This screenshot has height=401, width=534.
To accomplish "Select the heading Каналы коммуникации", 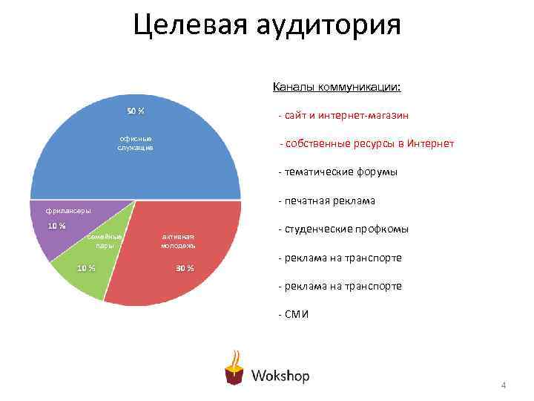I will click(337, 87).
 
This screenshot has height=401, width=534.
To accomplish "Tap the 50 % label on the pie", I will click(135, 111).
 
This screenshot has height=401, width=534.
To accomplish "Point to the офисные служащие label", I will click(135, 143).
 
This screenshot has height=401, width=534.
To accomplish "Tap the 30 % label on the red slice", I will click(185, 268).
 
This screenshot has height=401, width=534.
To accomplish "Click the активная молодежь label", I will click(178, 241).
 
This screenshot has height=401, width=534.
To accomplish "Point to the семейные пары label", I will click(104, 240).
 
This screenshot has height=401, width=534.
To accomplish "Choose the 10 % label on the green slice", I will click(86, 268).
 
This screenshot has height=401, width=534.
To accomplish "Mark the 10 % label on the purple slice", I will click(56, 226).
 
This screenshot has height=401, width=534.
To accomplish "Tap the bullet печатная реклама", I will click(326, 200).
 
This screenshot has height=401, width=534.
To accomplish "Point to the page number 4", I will click(503, 385).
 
